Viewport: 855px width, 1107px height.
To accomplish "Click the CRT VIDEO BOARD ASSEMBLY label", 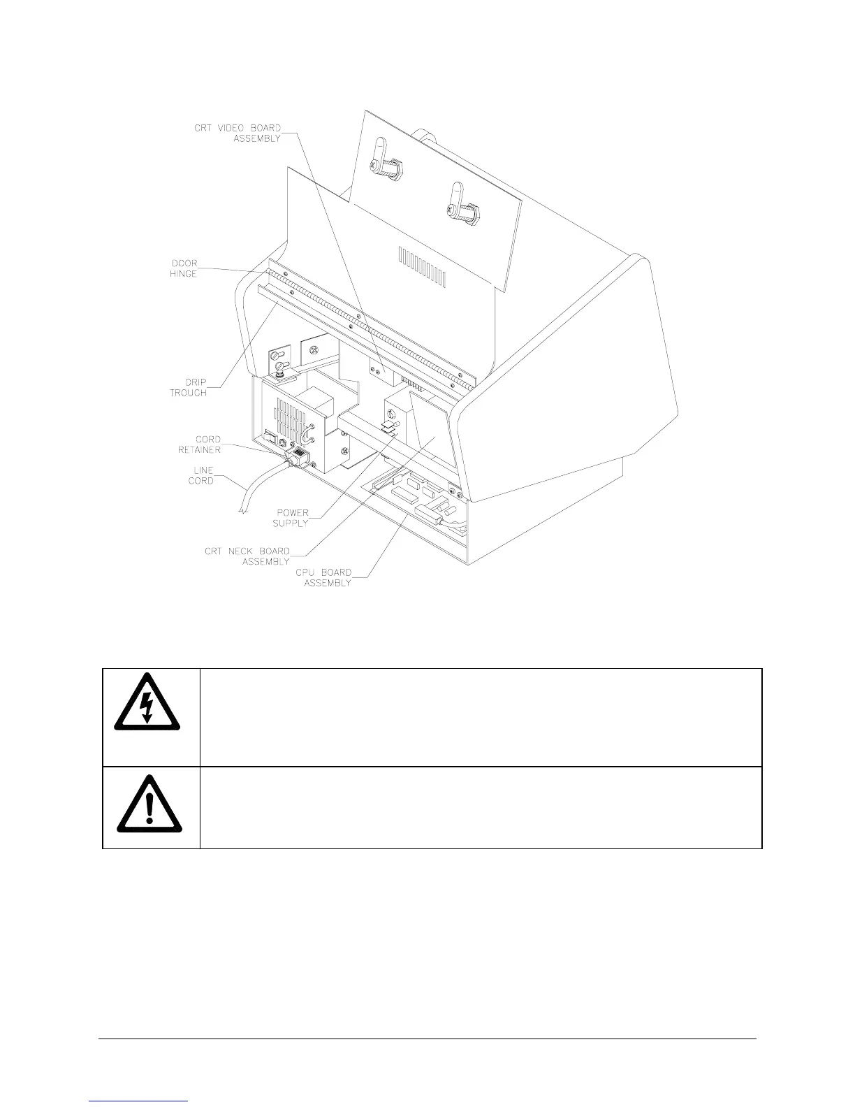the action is click(237, 133).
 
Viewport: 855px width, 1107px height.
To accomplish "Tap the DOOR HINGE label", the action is click(184, 268).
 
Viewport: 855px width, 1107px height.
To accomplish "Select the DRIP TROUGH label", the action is click(188, 387).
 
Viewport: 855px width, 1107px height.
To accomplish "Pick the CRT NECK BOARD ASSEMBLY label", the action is click(247, 556).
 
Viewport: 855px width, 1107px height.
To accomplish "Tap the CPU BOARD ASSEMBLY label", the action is click(323, 577).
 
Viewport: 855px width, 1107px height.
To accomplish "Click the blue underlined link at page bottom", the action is click(139, 1101).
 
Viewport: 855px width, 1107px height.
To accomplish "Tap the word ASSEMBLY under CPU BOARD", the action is click(328, 583).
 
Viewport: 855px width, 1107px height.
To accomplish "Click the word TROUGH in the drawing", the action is click(188, 393).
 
